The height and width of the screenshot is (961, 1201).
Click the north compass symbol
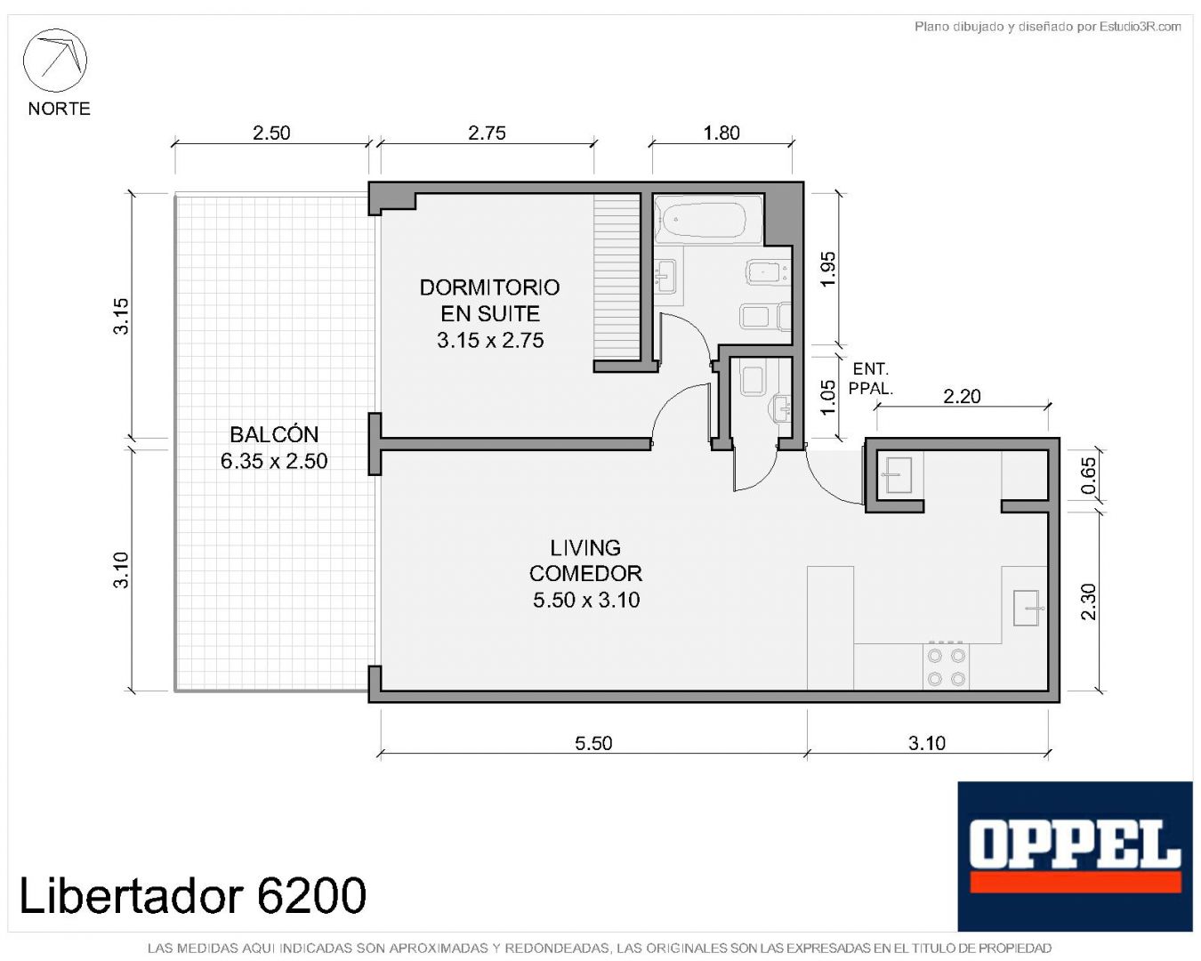(54, 61)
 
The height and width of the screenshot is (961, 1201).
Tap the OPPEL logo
(1075, 856)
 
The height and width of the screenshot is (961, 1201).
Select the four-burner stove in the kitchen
(946, 666)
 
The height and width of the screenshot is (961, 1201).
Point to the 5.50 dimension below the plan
(593, 743)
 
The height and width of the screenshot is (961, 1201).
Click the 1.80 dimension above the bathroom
(721, 133)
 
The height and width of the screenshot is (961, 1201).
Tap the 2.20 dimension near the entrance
(962, 397)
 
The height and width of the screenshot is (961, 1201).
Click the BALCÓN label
(274, 434)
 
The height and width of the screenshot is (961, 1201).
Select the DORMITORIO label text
(489, 287)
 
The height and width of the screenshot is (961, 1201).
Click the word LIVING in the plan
(585, 548)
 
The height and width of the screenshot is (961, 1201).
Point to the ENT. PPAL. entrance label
(871, 378)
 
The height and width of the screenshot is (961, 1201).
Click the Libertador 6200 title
(192, 896)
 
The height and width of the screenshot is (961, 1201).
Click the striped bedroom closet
(617, 277)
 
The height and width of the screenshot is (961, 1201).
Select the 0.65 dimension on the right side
(1088, 476)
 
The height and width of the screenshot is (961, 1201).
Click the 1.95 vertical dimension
(829, 269)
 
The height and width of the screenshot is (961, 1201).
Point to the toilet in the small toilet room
(752, 380)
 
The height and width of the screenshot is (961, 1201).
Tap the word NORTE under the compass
(59, 109)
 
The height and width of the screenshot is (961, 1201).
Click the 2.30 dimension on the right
(1088, 602)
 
